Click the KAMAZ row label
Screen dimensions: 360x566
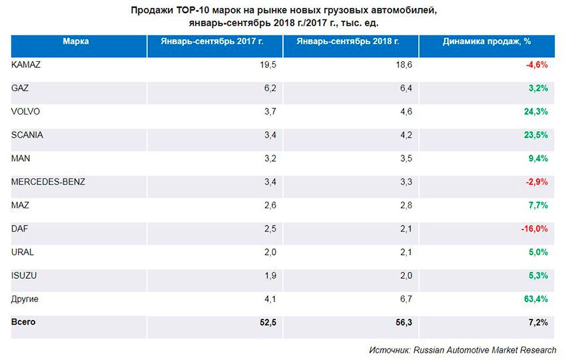(x=27, y=65)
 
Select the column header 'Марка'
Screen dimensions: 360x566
(x=76, y=41)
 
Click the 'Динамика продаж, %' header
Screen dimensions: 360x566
(x=486, y=41)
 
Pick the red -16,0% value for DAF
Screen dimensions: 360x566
(x=534, y=229)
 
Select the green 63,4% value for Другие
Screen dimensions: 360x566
(x=536, y=299)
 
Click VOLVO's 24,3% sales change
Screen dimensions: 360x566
(x=536, y=111)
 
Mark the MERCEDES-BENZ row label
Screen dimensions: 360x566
(x=49, y=182)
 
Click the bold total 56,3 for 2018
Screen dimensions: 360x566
(x=406, y=323)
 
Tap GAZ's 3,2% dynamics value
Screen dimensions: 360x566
(x=538, y=88)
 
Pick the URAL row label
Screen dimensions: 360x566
(x=23, y=252)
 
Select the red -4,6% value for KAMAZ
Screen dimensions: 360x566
(x=537, y=65)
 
